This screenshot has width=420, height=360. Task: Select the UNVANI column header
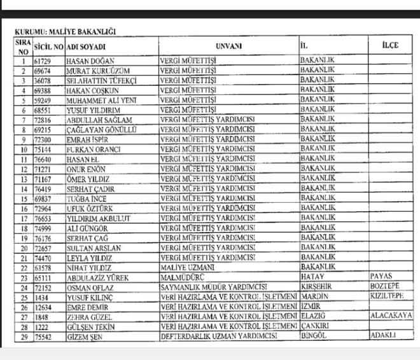point(228,46)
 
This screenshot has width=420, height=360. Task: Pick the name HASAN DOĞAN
point(88,62)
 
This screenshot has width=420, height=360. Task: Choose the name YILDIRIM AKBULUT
point(98,218)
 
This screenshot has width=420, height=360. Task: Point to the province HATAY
point(312,277)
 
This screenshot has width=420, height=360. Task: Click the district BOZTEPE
point(386,286)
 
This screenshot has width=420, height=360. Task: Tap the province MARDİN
point(314,296)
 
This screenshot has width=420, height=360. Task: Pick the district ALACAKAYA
point(391,315)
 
